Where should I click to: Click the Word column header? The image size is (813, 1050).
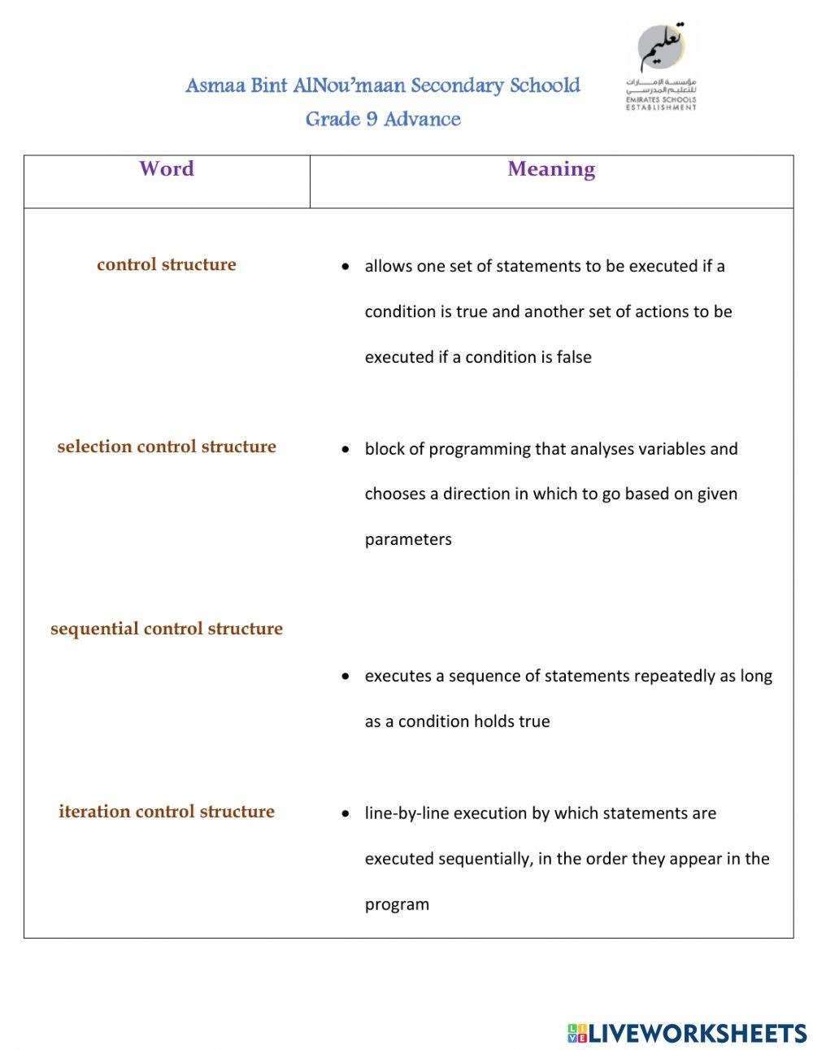tap(167, 168)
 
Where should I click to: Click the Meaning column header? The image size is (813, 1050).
tap(551, 169)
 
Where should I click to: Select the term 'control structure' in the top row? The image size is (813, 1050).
tap(167, 264)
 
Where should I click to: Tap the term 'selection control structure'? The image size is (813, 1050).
tap(167, 447)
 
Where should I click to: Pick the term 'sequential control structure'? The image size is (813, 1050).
tap(167, 629)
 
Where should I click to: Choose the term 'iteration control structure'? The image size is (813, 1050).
tap(167, 811)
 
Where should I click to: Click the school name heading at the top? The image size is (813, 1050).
tap(383, 85)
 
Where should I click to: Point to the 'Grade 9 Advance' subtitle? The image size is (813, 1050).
tap(383, 119)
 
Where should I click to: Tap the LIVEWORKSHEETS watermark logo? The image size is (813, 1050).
tap(687, 1033)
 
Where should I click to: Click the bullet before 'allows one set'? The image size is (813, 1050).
tap(346, 267)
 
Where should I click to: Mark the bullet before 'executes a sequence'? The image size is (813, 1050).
tap(346, 677)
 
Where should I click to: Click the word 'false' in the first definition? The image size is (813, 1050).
tap(574, 357)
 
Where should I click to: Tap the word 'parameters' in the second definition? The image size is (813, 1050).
tap(408, 539)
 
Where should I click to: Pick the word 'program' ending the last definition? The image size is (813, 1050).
tap(397, 904)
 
